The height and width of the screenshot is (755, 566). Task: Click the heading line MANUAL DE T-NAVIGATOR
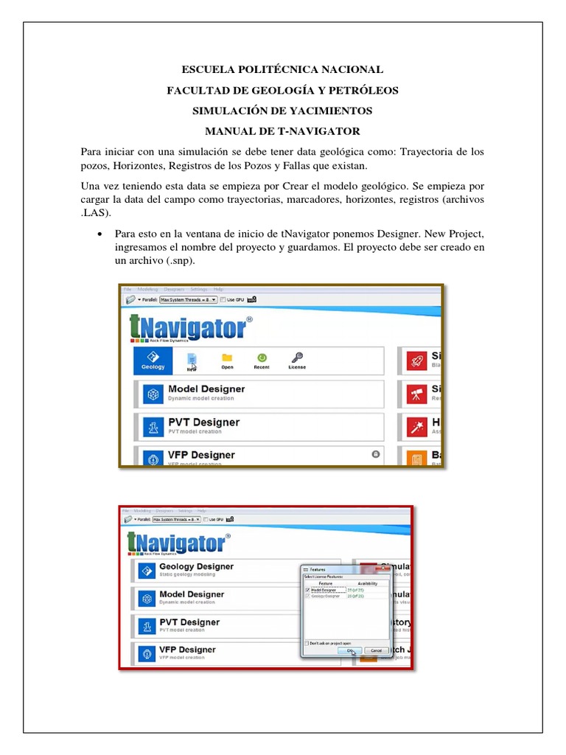[x=283, y=131]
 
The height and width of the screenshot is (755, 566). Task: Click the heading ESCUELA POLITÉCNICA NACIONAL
[x=283, y=69]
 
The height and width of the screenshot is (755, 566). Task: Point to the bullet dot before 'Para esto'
[x=99, y=234]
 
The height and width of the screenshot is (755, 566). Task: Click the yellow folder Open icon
[x=227, y=358]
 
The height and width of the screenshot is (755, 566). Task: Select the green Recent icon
[x=262, y=358]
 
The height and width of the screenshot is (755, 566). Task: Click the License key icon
[x=297, y=358]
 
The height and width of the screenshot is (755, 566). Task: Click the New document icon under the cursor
[x=192, y=359]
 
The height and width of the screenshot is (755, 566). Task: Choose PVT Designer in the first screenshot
[x=203, y=422]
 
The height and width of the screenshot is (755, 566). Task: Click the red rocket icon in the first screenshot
[x=416, y=361]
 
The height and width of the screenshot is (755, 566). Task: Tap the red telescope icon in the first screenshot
[x=416, y=394]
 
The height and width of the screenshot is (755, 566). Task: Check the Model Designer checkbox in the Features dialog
[x=308, y=590]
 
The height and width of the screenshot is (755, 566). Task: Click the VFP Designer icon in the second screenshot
[x=145, y=653]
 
